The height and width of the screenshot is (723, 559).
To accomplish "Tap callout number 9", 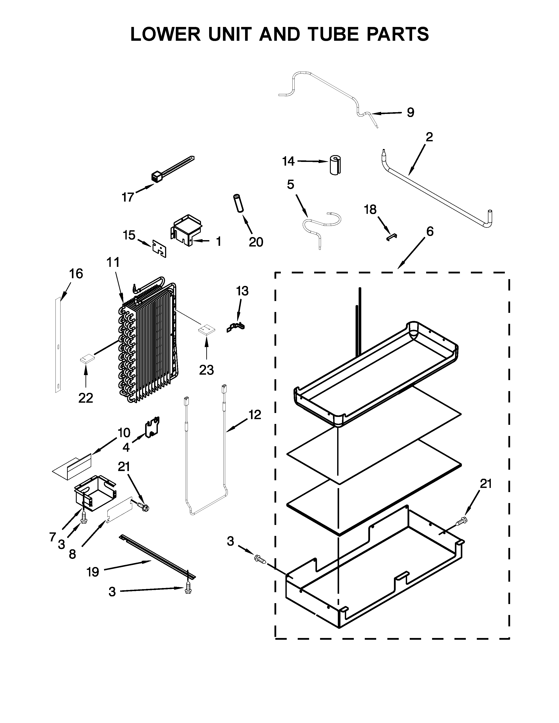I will [x=410, y=113].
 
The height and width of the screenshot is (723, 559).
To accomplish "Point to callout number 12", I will [x=255, y=415].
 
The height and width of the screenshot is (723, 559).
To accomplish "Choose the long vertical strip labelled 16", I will [x=58, y=344].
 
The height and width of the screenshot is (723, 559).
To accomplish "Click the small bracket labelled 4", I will [x=152, y=427].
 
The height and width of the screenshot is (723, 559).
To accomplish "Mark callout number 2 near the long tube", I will [x=429, y=137].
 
